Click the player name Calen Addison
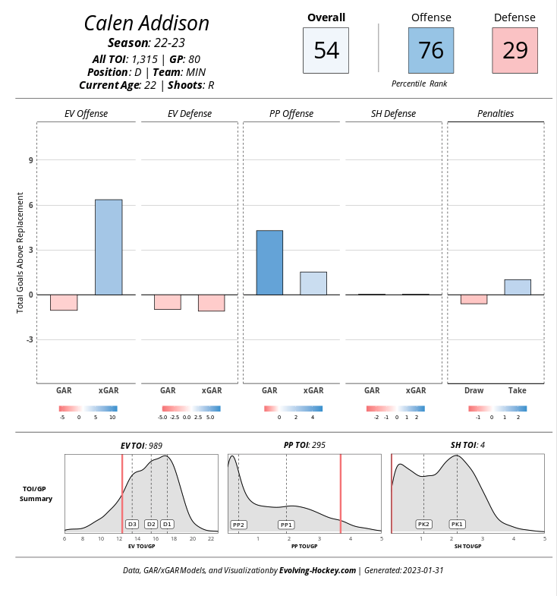[x=146, y=24]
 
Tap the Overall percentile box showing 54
[x=326, y=50]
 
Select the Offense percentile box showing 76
[x=431, y=50]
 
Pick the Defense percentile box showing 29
[x=515, y=50]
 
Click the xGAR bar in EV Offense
[x=109, y=247]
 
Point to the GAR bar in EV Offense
[x=64, y=302]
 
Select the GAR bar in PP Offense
[x=269, y=263]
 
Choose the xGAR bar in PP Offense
[x=313, y=283]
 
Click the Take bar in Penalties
[x=518, y=287]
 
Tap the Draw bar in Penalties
[x=474, y=299]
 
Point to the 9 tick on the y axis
[x=32, y=160]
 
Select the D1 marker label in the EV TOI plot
[x=167, y=524]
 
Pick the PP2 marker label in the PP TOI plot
[x=239, y=525]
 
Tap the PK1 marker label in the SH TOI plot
[x=457, y=525]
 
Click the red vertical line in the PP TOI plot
[x=340, y=494]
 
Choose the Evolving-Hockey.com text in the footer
[x=317, y=570]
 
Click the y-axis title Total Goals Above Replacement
[x=20, y=253]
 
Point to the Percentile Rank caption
[x=419, y=84]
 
